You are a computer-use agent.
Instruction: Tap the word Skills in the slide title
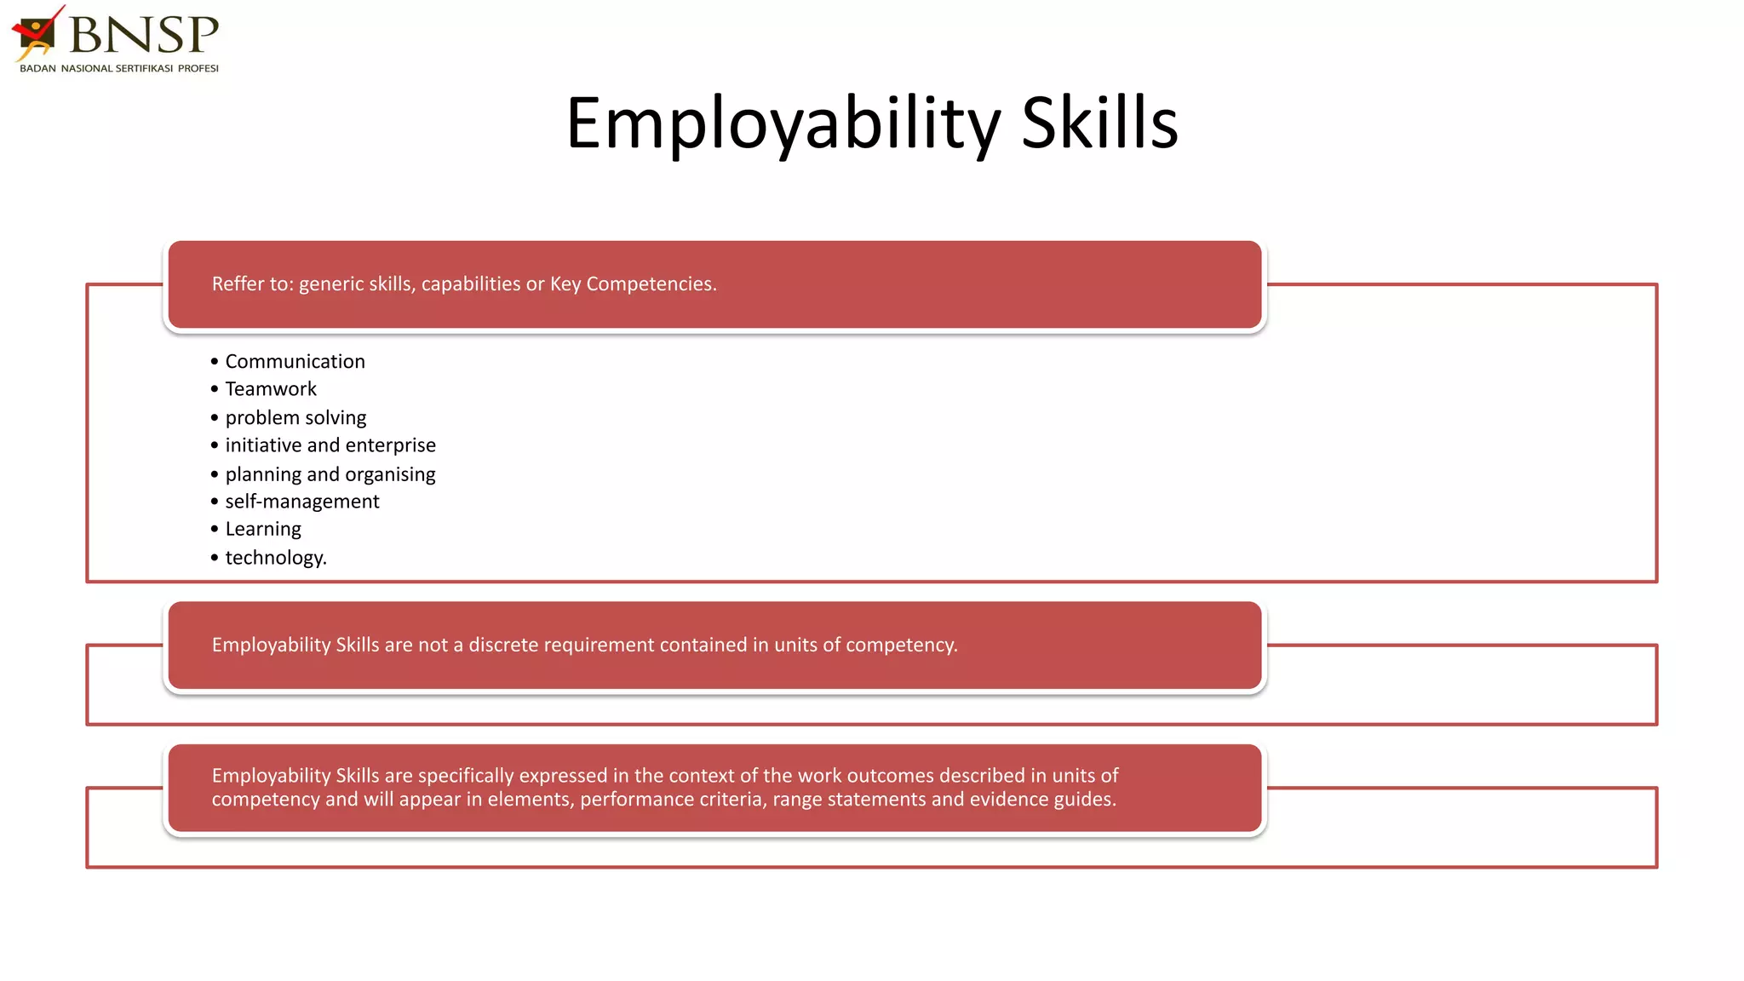(1099, 124)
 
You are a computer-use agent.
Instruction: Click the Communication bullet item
(295, 362)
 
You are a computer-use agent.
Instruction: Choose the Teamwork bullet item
(271, 389)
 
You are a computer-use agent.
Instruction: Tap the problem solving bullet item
(295, 418)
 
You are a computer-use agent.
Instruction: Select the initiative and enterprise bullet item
(330, 445)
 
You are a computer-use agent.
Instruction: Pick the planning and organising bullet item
(330, 474)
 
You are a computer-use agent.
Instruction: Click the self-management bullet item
(302, 502)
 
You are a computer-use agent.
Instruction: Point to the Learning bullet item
(263, 530)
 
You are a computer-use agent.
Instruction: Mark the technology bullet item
(276, 558)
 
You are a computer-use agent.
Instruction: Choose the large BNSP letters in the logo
(143, 34)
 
